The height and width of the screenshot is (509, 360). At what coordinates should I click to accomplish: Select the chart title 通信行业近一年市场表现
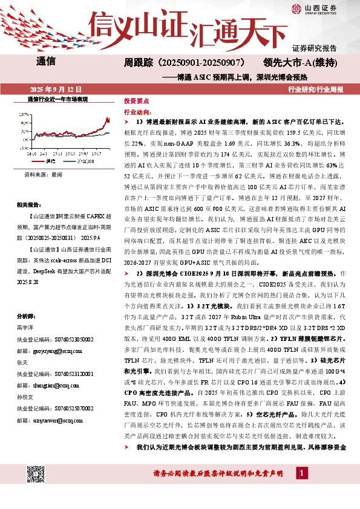(58, 99)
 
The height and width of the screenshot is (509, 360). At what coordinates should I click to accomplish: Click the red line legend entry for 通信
(50, 161)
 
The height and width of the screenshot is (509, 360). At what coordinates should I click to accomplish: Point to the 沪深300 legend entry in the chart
(85, 161)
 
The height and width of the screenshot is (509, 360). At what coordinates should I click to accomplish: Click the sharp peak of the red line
(107, 118)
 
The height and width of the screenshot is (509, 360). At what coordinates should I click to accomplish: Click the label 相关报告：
(28, 204)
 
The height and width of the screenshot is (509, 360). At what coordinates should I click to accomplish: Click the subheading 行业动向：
(137, 112)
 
